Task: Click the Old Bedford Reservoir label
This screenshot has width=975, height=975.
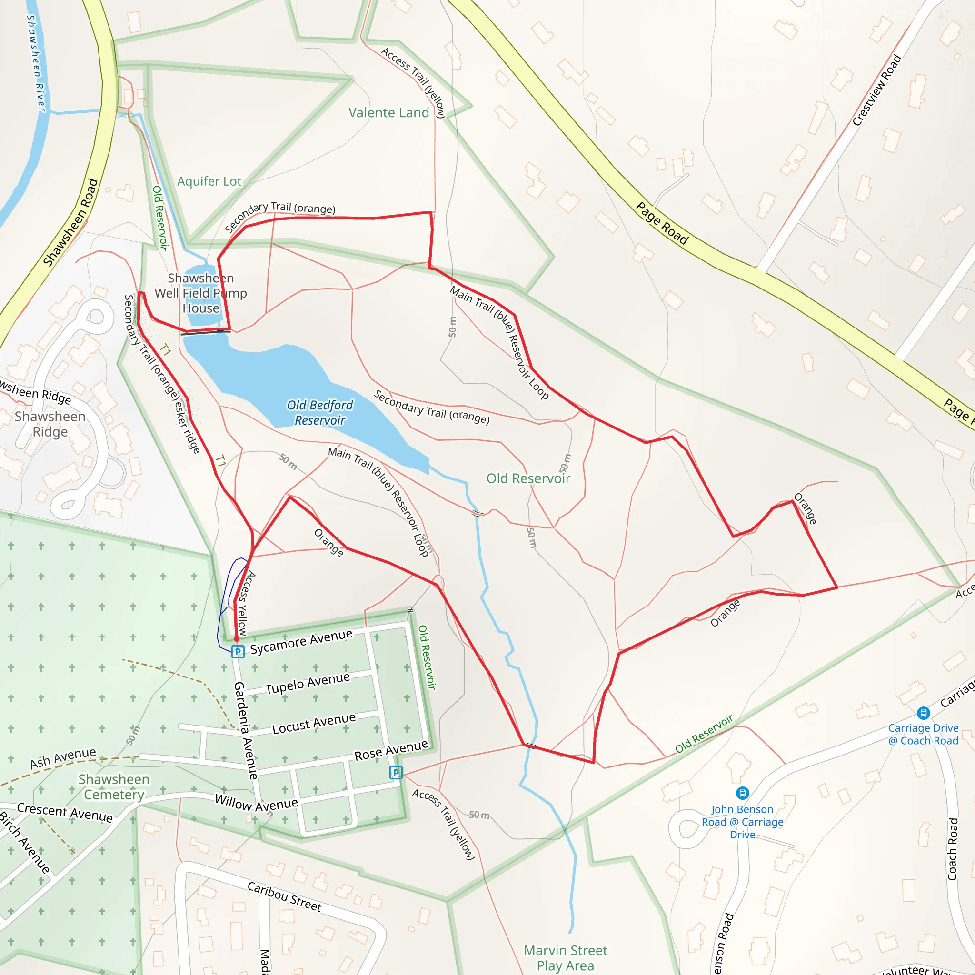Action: (x=320, y=413)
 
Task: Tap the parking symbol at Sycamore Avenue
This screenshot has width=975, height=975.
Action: (x=238, y=652)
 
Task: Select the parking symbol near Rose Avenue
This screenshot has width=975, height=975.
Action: (x=396, y=772)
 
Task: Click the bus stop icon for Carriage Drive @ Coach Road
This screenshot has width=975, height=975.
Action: (x=923, y=713)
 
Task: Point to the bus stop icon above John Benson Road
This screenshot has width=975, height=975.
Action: (x=742, y=793)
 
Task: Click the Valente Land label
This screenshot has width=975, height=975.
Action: (x=388, y=112)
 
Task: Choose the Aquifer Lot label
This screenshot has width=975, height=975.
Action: (x=209, y=181)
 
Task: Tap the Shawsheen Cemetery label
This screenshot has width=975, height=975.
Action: (x=114, y=787)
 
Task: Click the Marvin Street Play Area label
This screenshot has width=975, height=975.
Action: (x=565, y=958)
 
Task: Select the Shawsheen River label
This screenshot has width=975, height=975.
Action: (x=36, y=63)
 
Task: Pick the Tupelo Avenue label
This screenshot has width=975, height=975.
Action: (x=307, y=683)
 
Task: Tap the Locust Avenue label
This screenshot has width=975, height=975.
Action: (x=313, y=723)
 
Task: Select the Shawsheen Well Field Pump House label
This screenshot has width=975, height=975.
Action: (x=201, y=293)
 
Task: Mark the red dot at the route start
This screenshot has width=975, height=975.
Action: (x=236, y=639)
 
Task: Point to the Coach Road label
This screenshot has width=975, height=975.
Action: (x=952, y=849)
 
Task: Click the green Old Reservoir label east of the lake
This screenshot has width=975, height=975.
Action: (x=528, y=478)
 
